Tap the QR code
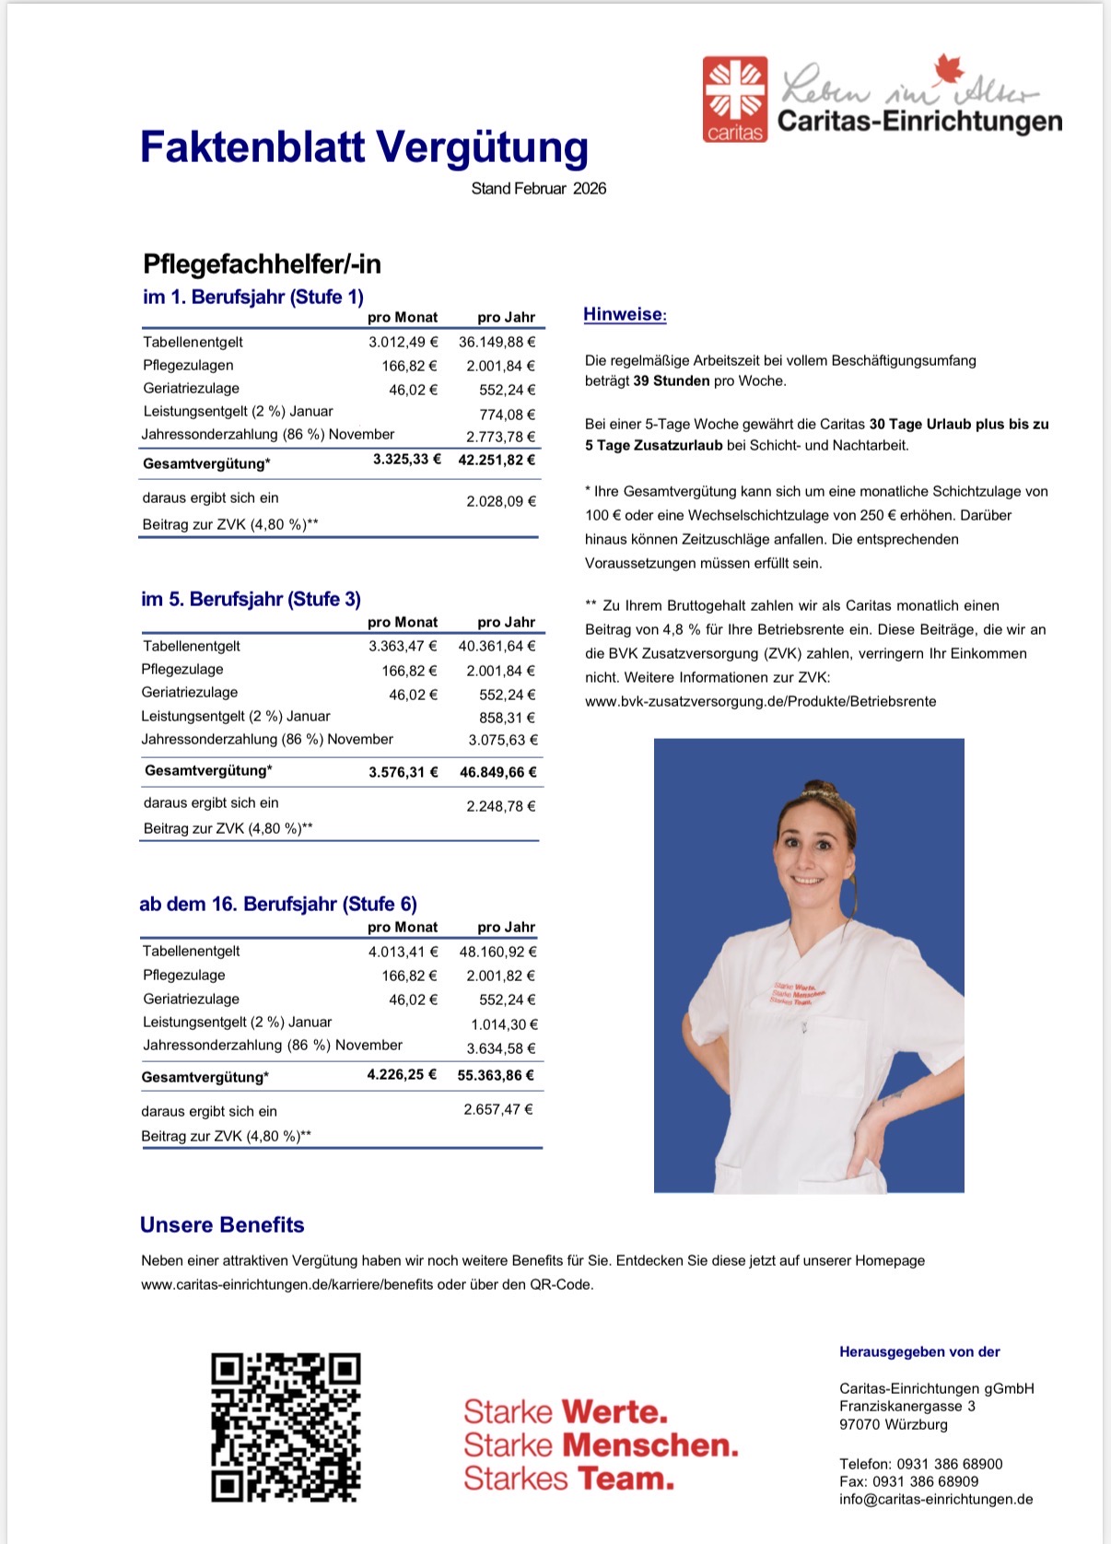pyautogui.click(x=286, y=1427)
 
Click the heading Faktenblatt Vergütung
pyautogui.click(x=364, y=147)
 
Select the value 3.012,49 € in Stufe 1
pyautogui.click(x=403, y=342)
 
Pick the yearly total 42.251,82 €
pyautogui.click(x=497, y=460)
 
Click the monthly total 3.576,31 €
pyautogui.click(x=403, y=772)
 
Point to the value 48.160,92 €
pyautogui.click(x=497, y=952)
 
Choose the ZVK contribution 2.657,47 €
pyautogui.click(x=498, y=1109)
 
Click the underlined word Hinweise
pyautogui.click(x=624, y=314)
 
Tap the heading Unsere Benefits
pyautogui.click(x=222, y=1224)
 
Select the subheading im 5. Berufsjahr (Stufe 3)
pyautogui.click(x=251, y=599)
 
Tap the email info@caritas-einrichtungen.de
pyautogui.click(x=936, y=1499)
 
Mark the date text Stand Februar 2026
pyautogui.click(x=539, y=189)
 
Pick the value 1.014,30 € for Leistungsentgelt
pyautogui.click(x=504, y=1023)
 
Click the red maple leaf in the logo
pyautogui.click(x=947, y=70)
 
